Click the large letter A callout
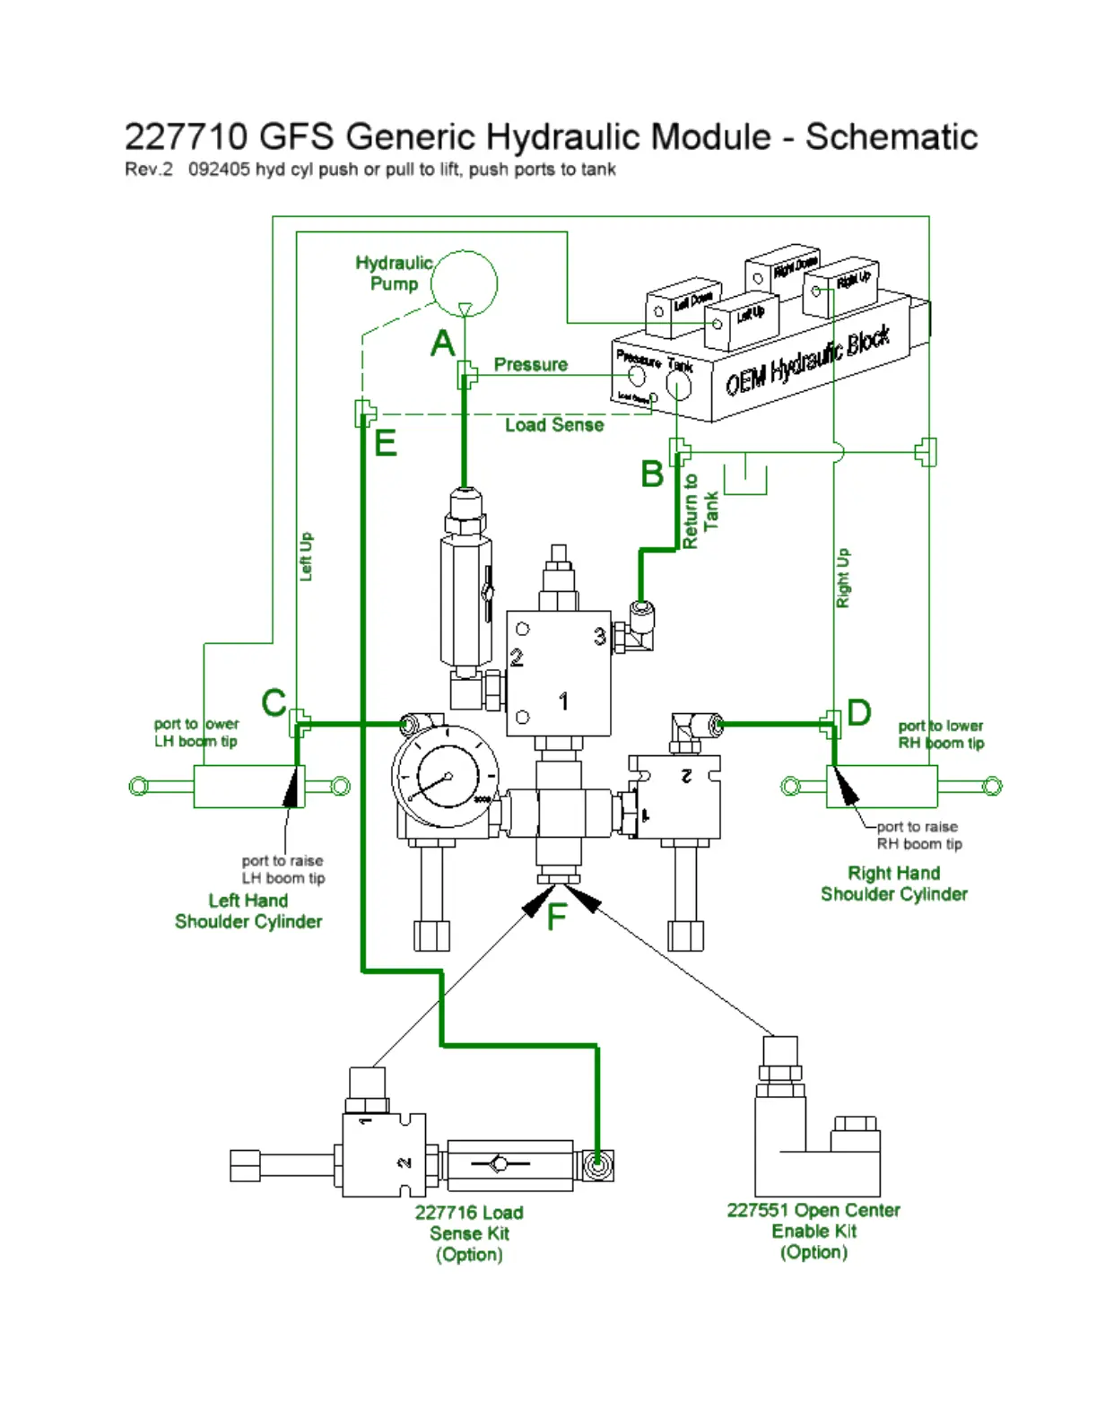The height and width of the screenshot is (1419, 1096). pyautogui.click(x=443, y=344)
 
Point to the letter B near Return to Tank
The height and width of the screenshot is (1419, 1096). pyautogui.click(x=652, y=474)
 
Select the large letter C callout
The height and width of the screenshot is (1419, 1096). pyautogui.click(x=274, y=702)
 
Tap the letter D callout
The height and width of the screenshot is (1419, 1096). pyautogui.click(x=858, y=713)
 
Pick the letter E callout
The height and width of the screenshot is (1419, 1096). pyautogui.click(x=385, y=443)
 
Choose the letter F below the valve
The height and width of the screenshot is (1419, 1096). pyautogui.click(x=557, y=917)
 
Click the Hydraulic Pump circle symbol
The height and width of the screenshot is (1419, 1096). pyautogui.click(x=464, y=283)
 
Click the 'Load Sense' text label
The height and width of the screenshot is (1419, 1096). pyautogui.click(x=553, y=425)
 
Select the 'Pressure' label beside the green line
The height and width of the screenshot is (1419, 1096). pyautogui.click(x=530, y=365)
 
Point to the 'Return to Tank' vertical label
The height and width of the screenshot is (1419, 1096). pyautogui.click(x=700, y=511)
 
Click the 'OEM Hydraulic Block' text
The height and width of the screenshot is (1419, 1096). pyautogui.click(x=807, y=361)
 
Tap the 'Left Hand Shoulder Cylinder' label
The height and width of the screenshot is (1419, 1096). pyautogui.click(x=248, y=911)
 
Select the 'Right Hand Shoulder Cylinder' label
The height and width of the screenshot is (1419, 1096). pyautogui.click(x=894, y=884)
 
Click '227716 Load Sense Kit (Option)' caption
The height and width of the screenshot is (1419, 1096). pyautogui.click(x=469, y=1233)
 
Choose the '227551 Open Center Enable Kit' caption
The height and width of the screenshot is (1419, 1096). pyautogui.click(x=813, y=1231)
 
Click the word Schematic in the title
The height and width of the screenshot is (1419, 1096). pyautogui.click(x=891, y=137)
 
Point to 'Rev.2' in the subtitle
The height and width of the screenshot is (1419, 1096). pyautogui.click(x=148, y=170)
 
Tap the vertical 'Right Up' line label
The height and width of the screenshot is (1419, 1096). pyautogui.click(x=843, y=578)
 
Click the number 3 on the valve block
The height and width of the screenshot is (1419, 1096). pyautogui.click(x=599, y=637)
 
